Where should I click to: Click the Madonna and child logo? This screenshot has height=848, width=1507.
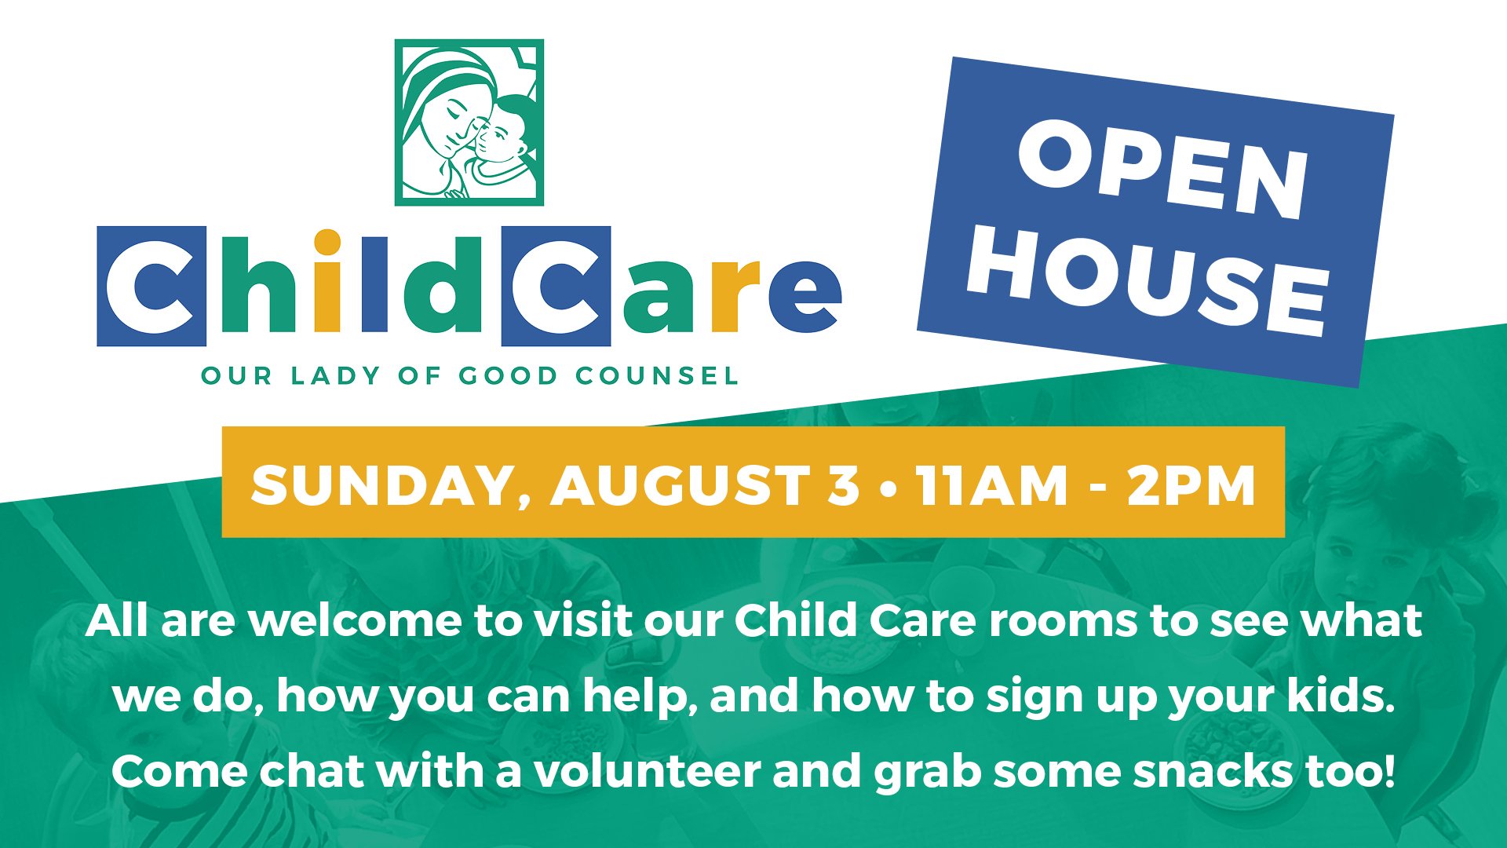click(469, 122)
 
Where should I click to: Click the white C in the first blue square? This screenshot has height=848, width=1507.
click(150, 287)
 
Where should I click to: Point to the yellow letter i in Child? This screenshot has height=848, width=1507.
click(327, 280)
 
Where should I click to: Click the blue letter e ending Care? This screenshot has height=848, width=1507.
click(805, 296)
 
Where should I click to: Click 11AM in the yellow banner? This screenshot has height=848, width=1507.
click(993, 484)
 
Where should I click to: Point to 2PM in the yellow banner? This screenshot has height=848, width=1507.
click(1191, 484)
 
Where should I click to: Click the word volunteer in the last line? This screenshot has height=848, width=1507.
click(648, 771)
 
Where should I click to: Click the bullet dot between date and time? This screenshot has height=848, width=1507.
click(889, 487)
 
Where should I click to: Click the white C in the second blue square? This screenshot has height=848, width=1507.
click(554, 287)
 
